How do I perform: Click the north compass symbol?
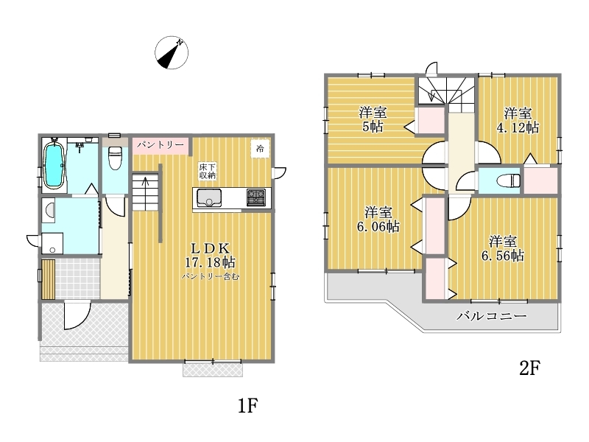pyautogui.click(x=172, y=52)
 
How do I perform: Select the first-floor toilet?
pyautogui.click(x=116, y=157)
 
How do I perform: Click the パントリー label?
pyautogui.click(x=161, y=145)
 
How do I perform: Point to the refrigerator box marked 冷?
pyautogui.click(x=260, y=149)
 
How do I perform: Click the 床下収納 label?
pyautogui.click(x=208, y=171)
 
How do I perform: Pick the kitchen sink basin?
pyautogui.click(x=209, y=197)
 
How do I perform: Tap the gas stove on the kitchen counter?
pyautogui.click(x=255, y=197)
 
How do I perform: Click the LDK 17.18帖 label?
pyautogui.click(x=210, y=255)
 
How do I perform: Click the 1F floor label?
pyautogui.click(x=248, y=406)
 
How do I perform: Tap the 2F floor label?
pyautogui.click(x=530, y=368)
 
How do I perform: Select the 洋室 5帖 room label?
pyautogui.click(x=373, y=119)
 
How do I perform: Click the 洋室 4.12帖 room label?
pyautogui.click(x=518, y=120)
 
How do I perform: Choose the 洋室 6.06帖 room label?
pyautogui.click(x=378, y=220)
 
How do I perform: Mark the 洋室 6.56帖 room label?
pyautogui.click(x=503, y=248)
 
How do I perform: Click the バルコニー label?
pyautogui.click(x=491, y=316)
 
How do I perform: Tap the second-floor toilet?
pyautogui.click(x=509, y=180)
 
